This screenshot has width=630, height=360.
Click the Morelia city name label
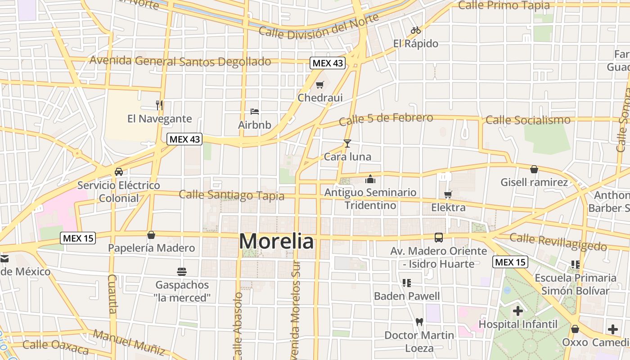276,242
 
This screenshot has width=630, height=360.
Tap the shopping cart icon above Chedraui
320,85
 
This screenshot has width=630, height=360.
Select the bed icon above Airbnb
255,111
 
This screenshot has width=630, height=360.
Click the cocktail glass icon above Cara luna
347,144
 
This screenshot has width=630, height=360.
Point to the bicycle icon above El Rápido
416,30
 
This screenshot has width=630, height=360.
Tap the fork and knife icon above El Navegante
159,105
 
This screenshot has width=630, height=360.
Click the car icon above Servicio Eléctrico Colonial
119,171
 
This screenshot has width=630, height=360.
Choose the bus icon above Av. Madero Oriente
438,238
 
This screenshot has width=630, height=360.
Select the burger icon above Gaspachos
182,271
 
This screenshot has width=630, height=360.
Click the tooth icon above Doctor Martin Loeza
419,322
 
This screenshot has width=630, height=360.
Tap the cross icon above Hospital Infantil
518,310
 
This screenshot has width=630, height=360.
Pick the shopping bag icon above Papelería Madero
151,235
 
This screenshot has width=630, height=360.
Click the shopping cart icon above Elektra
448,194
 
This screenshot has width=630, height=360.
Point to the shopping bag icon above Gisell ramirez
534,169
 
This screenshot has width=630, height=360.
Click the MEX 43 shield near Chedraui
328,63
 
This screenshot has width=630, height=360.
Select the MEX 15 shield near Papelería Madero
78,238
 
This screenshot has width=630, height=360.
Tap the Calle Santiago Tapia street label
232,195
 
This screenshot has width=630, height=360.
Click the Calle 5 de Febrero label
386,119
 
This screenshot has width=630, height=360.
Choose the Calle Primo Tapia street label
504,5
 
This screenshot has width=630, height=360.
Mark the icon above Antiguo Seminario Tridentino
370,179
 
